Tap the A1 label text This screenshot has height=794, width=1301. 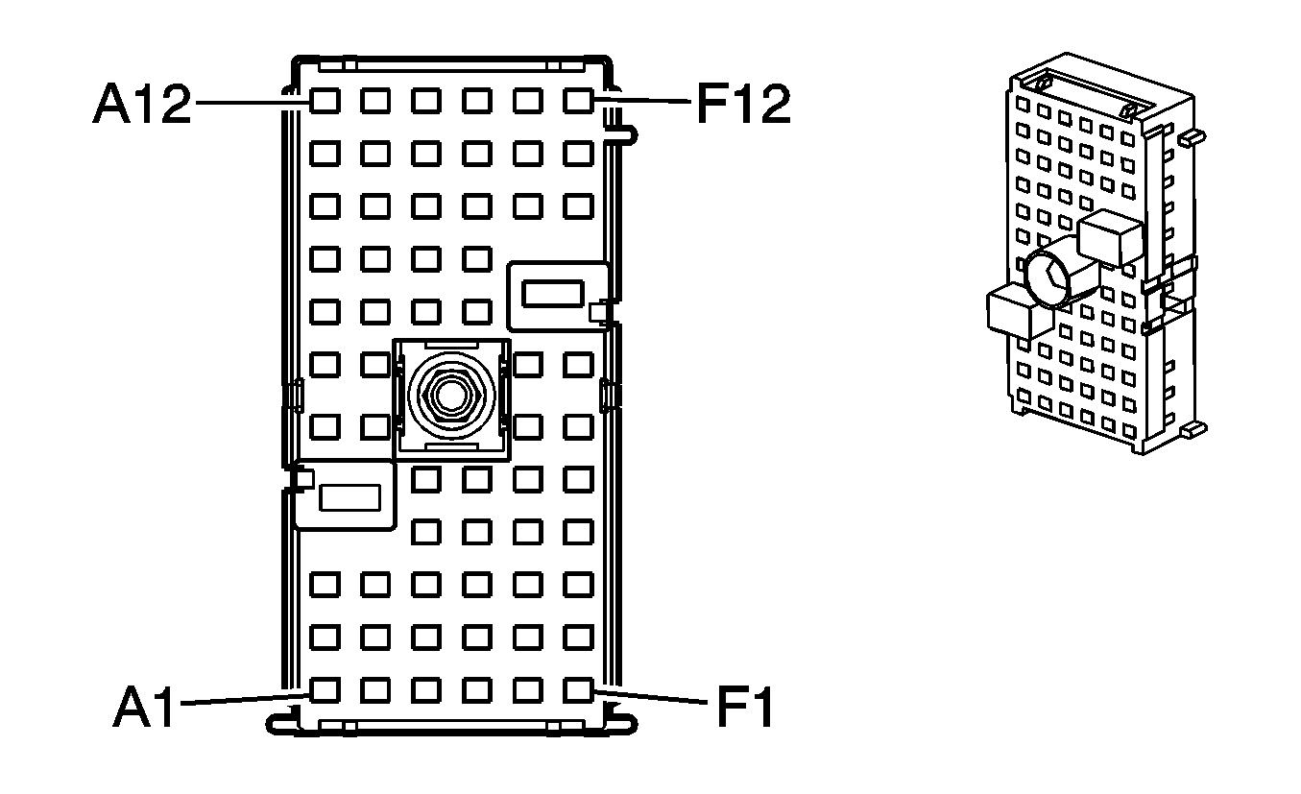tap(146, 709)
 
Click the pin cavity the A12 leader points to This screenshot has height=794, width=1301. tap(325, 100)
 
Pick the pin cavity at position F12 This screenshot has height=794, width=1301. tap(577, 100)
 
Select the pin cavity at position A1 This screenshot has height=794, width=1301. tap(325, 688)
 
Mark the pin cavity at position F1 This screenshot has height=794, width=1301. tap(577, 688)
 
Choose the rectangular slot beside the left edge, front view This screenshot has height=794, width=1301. tap(349, 497)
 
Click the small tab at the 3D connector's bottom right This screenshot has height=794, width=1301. tap(1193, 429)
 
